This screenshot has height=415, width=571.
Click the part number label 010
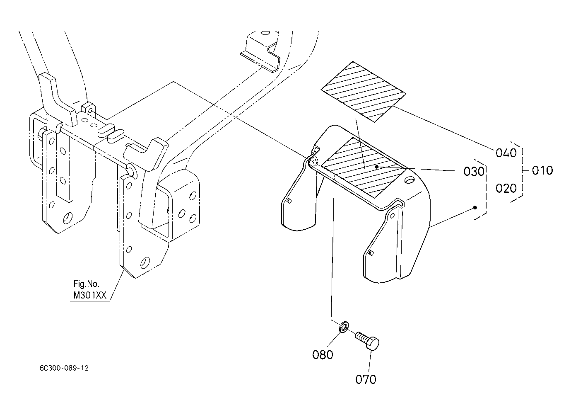pyautogui.click(x=542, y=170)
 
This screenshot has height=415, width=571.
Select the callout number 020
pyautogui.click(x=506, y=189)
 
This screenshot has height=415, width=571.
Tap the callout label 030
pyautogui.click(x=474, y=172)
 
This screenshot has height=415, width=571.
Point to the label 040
pyautogui.click(x=506, y=153)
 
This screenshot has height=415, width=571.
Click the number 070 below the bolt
pyautogui.click(x=366, y=379)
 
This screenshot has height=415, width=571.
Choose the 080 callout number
pyautogui.click(x=323, y=355)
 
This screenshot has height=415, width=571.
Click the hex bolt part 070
pyautogui.click(x=367, y=340)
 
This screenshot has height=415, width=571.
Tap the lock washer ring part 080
pyautogui.click(x=344, y=327)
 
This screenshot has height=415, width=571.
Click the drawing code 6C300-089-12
pyautogui.click(x=64, y=368)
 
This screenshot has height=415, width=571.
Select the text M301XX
pyautogui.click(x=90, y=295)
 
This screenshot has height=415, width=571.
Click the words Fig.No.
pyautogui.click(x=86, y=284)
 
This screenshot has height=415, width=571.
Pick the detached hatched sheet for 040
pyautogui.click(x=363, y=92)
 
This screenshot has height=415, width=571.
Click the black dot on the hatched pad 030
pyautogui.click(x=376, y=166)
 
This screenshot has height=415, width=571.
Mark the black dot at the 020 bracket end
pyautogui.click(x=475, y=208)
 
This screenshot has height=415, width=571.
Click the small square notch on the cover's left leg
pyautogui.click(x=289, y=201)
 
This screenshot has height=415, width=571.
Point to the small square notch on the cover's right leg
pyautogui.click(x=371, y=253)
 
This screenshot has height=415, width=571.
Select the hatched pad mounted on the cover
pyautogui.click(x=364, y=167)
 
